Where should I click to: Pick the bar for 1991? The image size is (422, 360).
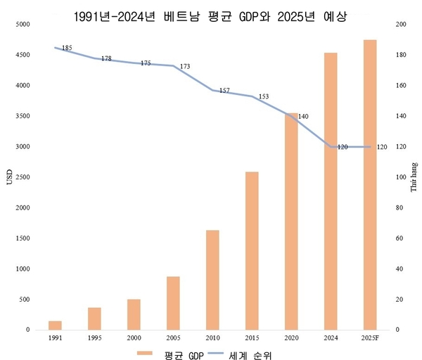click(x=55, y=326)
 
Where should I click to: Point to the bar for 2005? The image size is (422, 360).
click(x=173, y=303)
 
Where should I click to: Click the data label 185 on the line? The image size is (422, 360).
click(x=68, y=49)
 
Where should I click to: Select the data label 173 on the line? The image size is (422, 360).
click(x=185, y=67)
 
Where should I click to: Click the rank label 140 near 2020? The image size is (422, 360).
click(x=304, y=117)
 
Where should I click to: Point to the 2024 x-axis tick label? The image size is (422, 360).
click(x=330, y=338)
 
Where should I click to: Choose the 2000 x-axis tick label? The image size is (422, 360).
click(x=134, y=338)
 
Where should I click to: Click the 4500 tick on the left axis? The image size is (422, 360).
click(x=23, y=55)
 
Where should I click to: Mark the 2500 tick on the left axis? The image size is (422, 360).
click(x=23, y=177)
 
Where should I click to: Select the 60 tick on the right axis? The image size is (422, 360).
click(x=399, y=238)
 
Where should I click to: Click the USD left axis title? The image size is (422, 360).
click(x=9, y=177)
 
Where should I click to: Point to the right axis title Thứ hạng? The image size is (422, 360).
click(x=414, y=177)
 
